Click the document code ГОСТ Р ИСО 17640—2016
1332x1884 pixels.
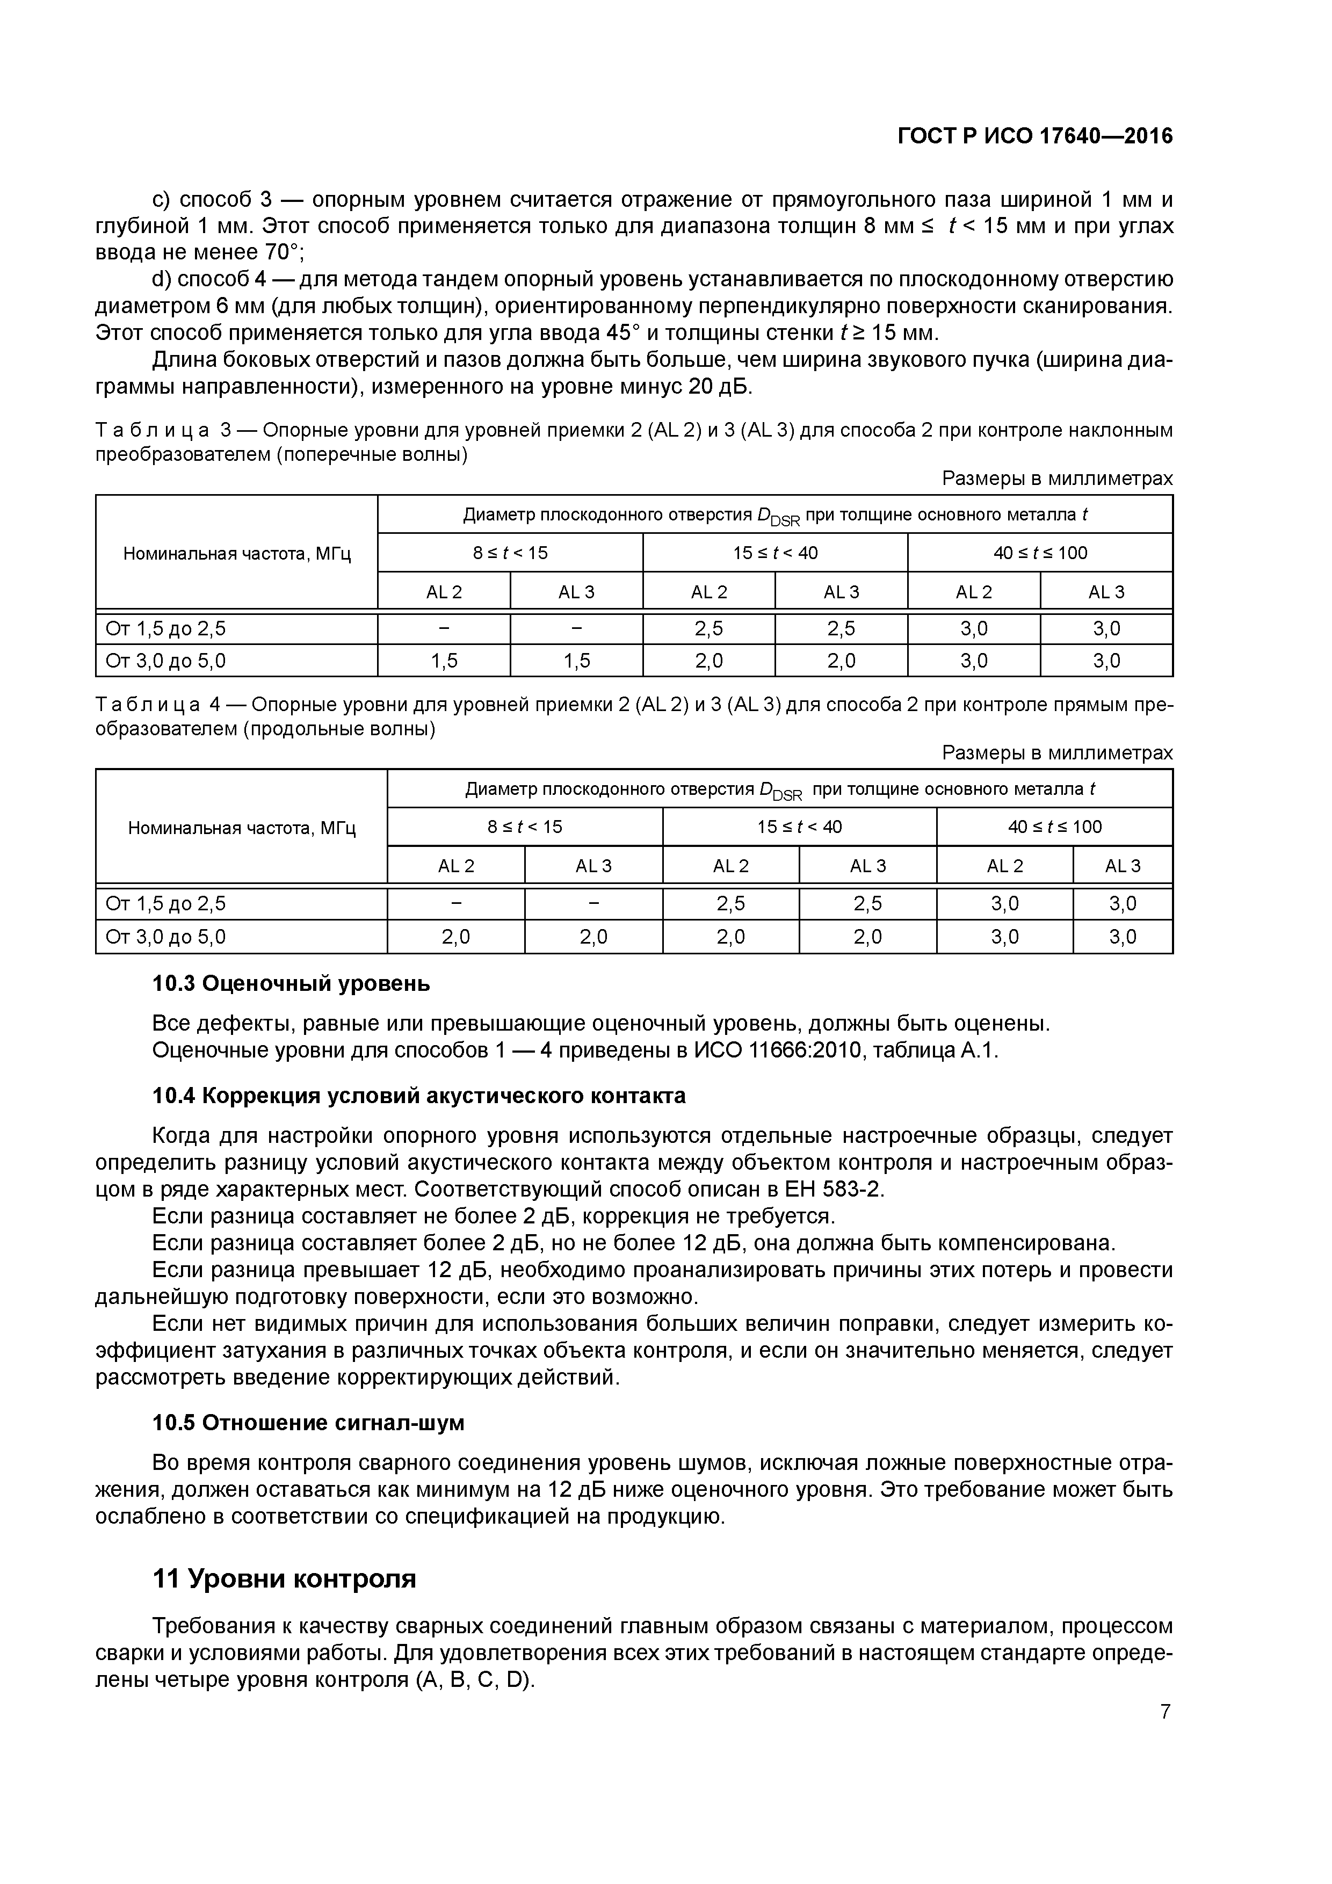click(x=1035, y=136)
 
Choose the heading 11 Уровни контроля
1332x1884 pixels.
click(x=284, y=1578)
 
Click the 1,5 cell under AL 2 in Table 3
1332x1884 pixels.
click(x=444, y=661)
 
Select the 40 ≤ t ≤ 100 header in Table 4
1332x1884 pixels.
click(x=1055, y=827)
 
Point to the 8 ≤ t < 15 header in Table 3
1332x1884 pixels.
click(x=510, y=553)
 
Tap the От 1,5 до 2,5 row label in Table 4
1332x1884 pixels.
click(x=166, y=903)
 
